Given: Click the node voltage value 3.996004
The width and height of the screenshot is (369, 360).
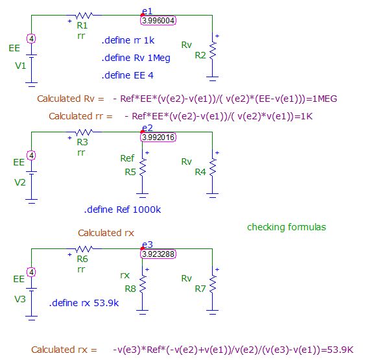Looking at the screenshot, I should pos(158,21).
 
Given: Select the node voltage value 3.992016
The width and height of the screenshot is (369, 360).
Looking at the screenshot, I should pos(158,137).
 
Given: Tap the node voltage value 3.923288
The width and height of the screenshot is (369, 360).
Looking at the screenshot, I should pos(158,254).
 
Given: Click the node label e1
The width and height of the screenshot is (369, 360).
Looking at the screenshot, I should pos(147,11).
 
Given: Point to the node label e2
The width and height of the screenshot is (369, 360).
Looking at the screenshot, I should pos(147,128).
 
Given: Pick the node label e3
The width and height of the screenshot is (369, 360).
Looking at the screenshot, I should pos(147,245).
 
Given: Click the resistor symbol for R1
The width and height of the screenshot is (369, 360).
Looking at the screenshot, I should pos(84,15).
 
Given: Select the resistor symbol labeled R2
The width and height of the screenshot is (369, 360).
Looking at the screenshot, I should pos(213,47).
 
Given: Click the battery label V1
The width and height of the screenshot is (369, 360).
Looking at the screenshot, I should pos(20,66).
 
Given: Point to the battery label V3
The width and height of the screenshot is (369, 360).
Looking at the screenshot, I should pos(20,298).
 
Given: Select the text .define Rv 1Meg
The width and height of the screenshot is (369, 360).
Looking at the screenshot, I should pos(136,58).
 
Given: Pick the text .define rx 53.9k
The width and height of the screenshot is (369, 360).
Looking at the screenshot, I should pos(84,303).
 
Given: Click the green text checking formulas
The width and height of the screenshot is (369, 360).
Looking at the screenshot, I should pos(286,227).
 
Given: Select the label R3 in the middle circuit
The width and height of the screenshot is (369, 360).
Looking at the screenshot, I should pos(82,141).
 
